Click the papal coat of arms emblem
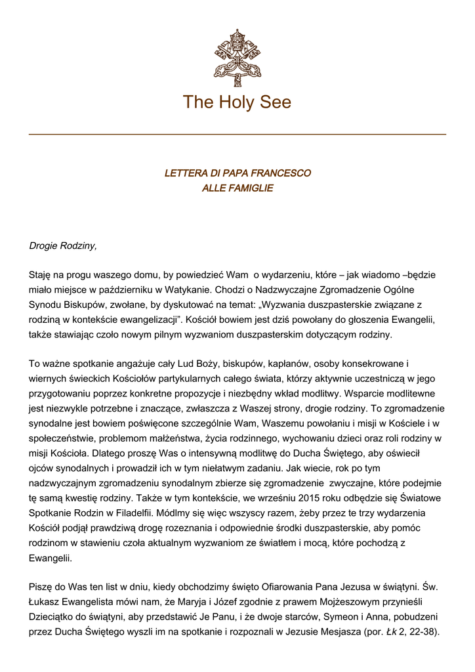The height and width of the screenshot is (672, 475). click(x=237, y=57)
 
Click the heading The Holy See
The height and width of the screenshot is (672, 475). click(x=237, y=102)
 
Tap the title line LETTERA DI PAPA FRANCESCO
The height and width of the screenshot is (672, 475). click(x=237, y=173)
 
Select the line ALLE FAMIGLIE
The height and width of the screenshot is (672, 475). click(x=237, y=188)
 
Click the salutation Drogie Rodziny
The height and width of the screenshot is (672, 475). click(x=63, y=246)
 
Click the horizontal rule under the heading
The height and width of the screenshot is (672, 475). click(x=237, y=135)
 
